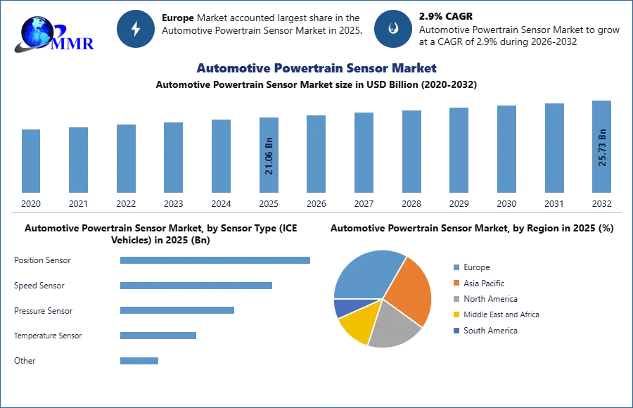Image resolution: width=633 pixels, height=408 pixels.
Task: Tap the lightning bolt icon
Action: [x=136, y=29]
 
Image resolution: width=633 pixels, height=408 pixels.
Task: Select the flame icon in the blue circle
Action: [x=393, y=29]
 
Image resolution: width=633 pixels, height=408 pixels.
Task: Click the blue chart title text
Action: [x=315, y=68]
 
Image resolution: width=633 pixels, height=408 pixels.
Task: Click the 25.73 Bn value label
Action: [x=602, y=147]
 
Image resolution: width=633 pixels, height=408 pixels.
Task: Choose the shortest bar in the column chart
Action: [x=31, y=162]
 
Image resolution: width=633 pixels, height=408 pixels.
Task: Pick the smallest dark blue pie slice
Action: [x=343, y=308]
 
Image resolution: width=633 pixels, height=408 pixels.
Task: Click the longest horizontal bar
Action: [x=216, y=260]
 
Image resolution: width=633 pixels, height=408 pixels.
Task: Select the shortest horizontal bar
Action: [x=140, y=360]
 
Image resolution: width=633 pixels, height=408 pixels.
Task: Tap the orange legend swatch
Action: [x=456, y=283]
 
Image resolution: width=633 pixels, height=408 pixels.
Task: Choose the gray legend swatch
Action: [x=456, y=298]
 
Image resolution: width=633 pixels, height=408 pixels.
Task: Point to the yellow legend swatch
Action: [x=456, y=314]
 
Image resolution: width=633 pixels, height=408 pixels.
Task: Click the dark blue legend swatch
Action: [x=456, y=331]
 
